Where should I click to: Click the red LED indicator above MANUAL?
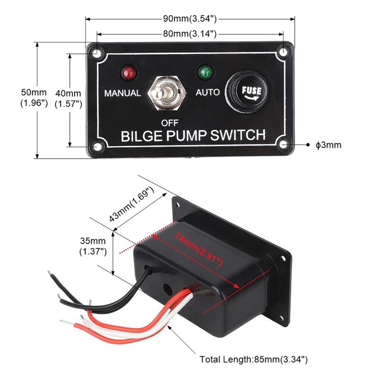(128, 73)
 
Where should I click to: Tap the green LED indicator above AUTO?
(205, 72)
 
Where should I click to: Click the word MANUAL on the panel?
(122, 93)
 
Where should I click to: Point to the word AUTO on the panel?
(208, 92)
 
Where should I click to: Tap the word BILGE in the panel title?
(141, 136)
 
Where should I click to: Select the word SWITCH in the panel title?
(238, 136)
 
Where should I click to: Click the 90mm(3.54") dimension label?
(189, 19)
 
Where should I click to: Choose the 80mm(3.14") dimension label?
(189, 34)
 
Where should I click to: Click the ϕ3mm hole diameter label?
(328, 145)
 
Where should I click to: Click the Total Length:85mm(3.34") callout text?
(254, 360)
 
